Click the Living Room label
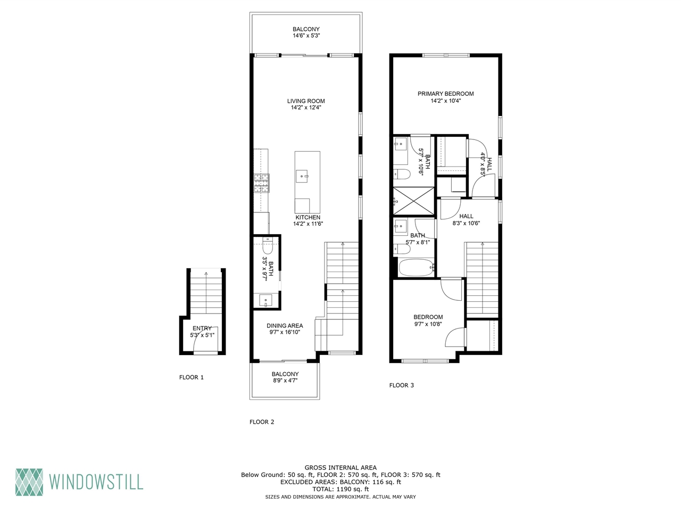(306, 101)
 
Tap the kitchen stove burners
(261, 183)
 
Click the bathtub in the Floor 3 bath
(416, 267)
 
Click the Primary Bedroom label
(445, 94)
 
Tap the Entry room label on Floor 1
(202, 328)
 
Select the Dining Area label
(285, 326)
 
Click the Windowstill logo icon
(29, 482)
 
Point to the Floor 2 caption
(262, 422)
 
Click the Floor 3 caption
(401, 385)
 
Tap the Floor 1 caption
(192, 377)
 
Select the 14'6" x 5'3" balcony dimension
(306, 36)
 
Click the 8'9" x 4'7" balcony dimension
(285, 381)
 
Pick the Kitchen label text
(308, 217)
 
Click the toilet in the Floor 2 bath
(267, 246)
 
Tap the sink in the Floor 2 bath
(266, 301)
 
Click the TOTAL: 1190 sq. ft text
(340, 489)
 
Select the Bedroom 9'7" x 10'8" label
(428, 317)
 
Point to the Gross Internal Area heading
(340, 468)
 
